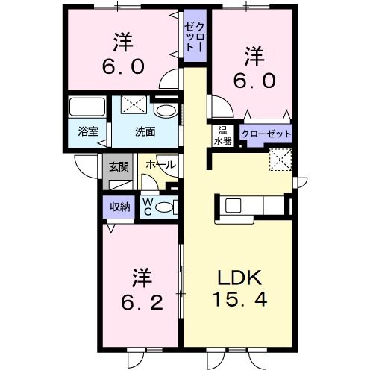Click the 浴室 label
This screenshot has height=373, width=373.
tap(88, 131)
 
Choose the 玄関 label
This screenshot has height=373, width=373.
tap(119, 167)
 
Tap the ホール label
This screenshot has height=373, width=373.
tap(160, 164)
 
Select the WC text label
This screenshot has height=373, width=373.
tap(147, 205)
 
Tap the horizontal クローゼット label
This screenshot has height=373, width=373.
tap(266, 135)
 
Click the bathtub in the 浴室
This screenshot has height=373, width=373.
tap(89, 107)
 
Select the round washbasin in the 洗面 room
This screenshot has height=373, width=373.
tap(168, 112)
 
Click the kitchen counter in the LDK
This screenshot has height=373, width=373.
tap(250, 204)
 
